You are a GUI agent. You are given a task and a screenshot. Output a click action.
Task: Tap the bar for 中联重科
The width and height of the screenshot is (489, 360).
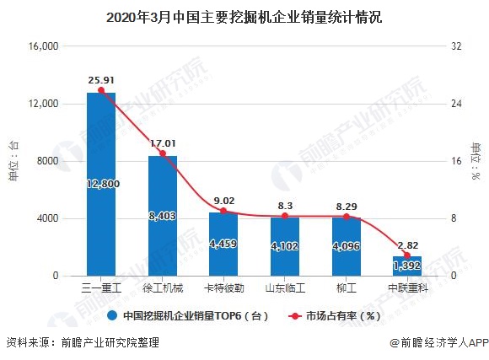407,266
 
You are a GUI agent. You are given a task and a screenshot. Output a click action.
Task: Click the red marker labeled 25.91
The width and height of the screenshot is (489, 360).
101,90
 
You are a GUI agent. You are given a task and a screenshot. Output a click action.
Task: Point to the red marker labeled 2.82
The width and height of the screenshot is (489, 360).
407,255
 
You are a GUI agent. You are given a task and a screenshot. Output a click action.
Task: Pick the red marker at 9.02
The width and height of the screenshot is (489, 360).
223,211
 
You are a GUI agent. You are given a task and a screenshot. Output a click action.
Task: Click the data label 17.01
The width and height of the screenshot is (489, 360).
162,143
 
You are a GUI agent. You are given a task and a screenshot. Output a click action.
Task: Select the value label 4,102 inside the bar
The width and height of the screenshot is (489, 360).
285,248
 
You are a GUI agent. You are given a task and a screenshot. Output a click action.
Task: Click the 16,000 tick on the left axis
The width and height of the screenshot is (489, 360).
41,46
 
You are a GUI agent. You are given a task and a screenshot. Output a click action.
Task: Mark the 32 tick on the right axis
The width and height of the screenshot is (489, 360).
457,46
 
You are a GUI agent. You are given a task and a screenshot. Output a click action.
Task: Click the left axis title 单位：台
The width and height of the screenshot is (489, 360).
13,160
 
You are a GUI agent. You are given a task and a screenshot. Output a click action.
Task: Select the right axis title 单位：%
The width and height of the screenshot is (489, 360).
477,160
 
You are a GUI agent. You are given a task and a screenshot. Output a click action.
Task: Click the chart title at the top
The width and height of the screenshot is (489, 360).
244,16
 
